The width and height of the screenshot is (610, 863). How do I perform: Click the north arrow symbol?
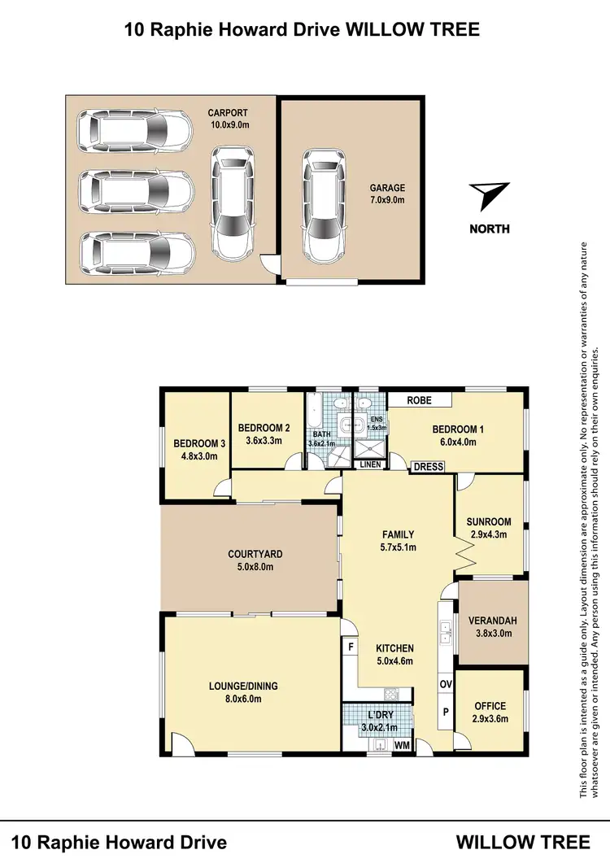pos(490,196)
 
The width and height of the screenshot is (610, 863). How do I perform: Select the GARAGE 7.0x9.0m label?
pos(387,194)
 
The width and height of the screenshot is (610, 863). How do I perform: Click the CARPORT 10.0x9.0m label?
pos(228,119)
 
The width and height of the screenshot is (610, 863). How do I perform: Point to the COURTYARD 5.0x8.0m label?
pos(255,560)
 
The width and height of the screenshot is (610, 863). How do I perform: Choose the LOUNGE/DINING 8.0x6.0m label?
pos(243,691)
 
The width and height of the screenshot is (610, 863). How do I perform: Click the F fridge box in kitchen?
pos(351,647)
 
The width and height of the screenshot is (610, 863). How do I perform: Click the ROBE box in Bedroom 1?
pos(420,400)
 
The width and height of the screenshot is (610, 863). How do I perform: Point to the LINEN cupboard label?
pos(371,464)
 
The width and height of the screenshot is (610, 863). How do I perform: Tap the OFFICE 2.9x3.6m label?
pos(490,712)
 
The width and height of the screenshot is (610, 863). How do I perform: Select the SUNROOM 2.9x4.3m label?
pos(489,528)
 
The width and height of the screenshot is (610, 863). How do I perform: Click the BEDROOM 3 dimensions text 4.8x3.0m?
pos(199,455)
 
